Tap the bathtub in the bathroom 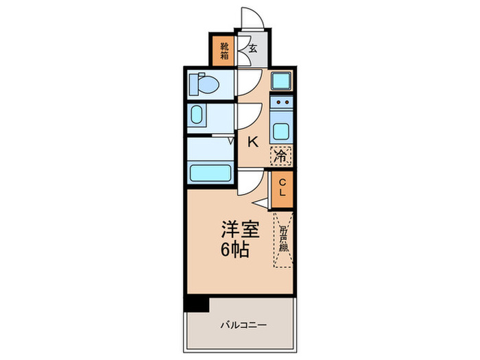[x=210, y=173]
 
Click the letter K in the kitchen [x=252, y=142]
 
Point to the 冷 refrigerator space [x=280, y=156]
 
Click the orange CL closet [x=282, y=187]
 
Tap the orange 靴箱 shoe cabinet [x=224, y=49]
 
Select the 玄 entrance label [x=252, y=49]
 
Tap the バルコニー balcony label [x=243, y=324]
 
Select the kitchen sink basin [x=281, y=129]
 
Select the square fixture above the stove [x=281, y=82]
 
